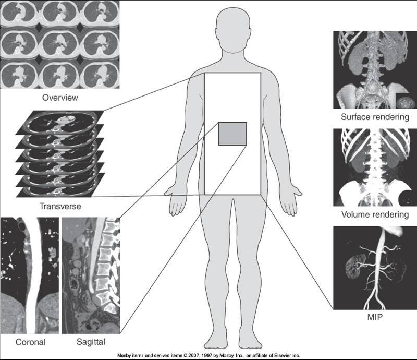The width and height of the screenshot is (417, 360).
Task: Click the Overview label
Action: click(x=60, y=98)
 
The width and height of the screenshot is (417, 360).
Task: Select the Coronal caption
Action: click(x=30, y=343)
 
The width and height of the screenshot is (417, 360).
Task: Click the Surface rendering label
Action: click(x=374, y=117)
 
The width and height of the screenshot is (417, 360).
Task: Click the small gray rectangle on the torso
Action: click(x=232, y=134)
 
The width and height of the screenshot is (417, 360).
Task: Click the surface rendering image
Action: click(x=375, y=69)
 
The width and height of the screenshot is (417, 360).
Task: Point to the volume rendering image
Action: click(x=375, y=167)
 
